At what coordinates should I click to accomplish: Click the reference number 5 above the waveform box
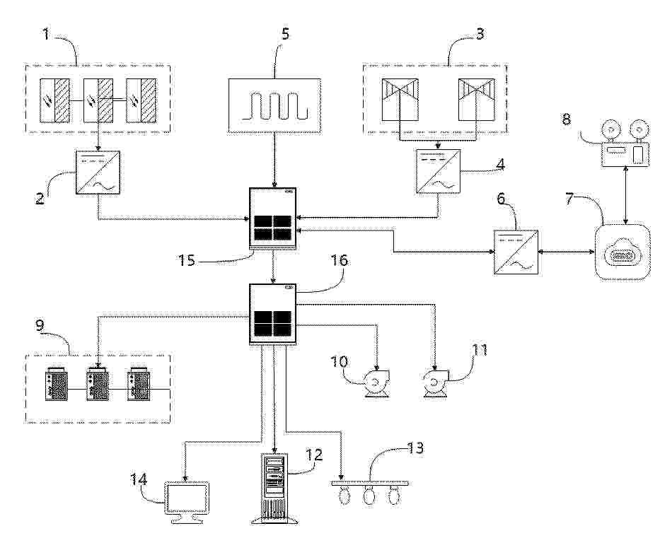[285, 34]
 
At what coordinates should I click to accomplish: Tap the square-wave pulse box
[274, 105]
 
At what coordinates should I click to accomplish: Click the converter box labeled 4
[438, 172]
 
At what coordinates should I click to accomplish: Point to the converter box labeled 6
[516, 252]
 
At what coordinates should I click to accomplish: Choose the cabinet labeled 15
[273, 219]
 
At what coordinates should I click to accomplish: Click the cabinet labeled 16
[273, 315]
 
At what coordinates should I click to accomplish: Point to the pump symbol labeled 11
[436, 383]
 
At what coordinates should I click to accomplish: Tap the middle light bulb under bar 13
[369, 495]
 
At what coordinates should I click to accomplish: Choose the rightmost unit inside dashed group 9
[140, 384]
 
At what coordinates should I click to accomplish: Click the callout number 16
[340, 260]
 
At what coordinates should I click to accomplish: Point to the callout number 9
[40, 326]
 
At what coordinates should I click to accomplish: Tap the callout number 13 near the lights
[415, 448]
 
